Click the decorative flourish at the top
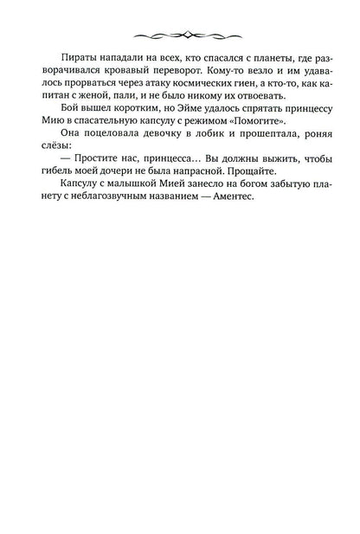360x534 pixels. [180, 37]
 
